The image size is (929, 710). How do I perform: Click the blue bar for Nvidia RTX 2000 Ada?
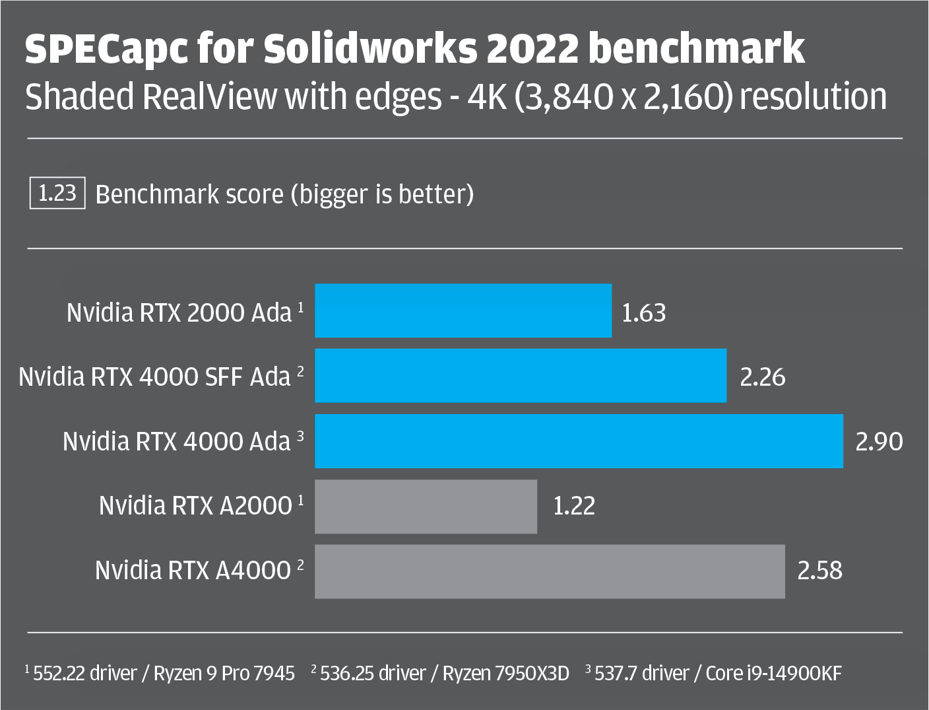[463, 311]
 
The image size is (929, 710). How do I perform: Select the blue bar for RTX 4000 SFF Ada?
[521, 376]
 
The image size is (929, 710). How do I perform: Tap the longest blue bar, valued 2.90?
[579, 441]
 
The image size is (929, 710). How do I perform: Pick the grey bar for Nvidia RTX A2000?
[426, 507]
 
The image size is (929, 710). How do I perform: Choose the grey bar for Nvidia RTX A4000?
[550, 571]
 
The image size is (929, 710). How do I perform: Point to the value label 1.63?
[644, 312]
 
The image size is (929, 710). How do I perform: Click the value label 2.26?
[763, 377]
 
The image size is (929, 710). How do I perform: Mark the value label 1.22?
[574, 507]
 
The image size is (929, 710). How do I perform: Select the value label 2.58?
[820, 571]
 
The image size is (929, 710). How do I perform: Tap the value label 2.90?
[879, 441]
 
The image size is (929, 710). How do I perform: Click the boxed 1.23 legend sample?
[57, 194]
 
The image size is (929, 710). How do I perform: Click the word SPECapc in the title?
[106, 49]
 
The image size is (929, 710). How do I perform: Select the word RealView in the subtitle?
[210, 97]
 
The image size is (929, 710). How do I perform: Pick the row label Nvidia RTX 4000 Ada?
[176, 441]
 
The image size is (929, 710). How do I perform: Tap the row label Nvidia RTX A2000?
[195, 506]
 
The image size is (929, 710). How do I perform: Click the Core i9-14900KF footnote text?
[773, 673]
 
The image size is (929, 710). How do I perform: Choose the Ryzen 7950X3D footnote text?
[505, 673]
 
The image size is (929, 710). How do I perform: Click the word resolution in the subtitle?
[813, 97]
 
